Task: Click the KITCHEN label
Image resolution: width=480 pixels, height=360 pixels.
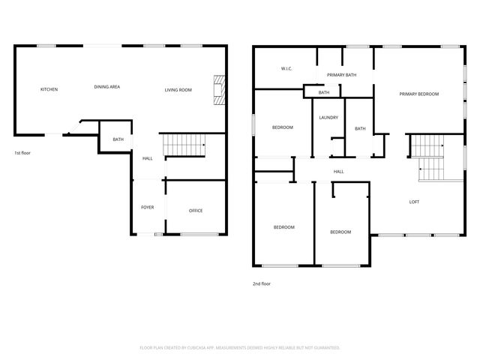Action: (x=49, y=90)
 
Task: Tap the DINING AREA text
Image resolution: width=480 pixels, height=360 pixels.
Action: (x=107, y=87)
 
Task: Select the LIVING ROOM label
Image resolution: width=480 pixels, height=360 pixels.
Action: (x=178, y=90)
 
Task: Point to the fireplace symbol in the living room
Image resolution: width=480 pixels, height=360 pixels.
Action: (x=218, y=90)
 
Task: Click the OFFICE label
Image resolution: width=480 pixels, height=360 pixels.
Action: (x=196, y=211)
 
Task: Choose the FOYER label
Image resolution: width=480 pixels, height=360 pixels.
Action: (x=148, y=207)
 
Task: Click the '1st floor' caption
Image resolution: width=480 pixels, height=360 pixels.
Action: (x=22, y=153)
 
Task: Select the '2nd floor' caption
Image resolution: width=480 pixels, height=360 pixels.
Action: (x=261, y=284)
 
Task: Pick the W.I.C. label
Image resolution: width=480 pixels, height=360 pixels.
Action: (x=286, y=69)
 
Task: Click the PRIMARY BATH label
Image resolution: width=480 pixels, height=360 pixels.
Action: (x=341, y=75)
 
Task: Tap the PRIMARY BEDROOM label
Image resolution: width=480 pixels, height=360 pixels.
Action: (x=418, y=94)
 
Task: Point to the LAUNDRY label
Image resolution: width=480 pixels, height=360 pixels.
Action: (x=328, y=118)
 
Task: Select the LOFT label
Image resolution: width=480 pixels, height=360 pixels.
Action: (x=414, y=202)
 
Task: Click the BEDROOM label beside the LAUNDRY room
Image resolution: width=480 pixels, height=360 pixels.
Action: (x=282, y=127)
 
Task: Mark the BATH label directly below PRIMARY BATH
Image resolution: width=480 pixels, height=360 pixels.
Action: (x=324, y=92)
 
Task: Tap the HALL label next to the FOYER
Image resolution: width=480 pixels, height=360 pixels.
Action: (x=148, y=158)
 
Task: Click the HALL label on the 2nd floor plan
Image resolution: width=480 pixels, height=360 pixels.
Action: (x=339, y=172)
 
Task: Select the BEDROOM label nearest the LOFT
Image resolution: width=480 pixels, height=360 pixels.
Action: (x=340, y=232)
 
